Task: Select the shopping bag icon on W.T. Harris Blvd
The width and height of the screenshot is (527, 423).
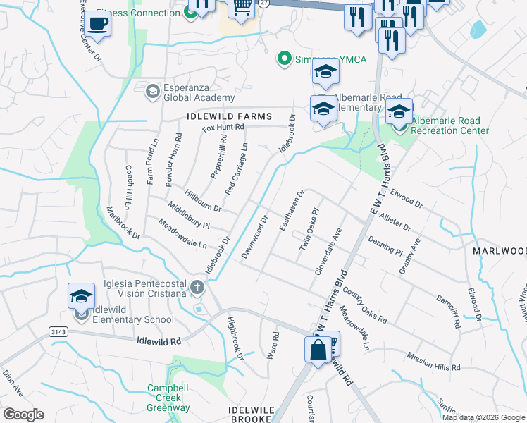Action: coord(316,348)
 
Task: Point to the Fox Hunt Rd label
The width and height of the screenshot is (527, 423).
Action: coord(223,128)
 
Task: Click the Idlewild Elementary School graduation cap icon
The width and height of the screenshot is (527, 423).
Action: coord(81,295)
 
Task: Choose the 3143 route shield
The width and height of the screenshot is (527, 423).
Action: coord(58,331)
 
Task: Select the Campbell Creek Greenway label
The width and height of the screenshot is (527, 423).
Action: coord(168,398)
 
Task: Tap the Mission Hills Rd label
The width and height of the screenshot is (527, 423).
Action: coord(433,362)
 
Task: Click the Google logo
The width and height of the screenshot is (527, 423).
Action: coord(24,415)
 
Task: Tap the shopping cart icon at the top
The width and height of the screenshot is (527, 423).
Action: coord(242,8)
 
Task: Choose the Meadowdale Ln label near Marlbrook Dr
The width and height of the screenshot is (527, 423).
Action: coord(182,235)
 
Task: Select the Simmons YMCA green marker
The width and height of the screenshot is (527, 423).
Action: coord(285,59)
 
